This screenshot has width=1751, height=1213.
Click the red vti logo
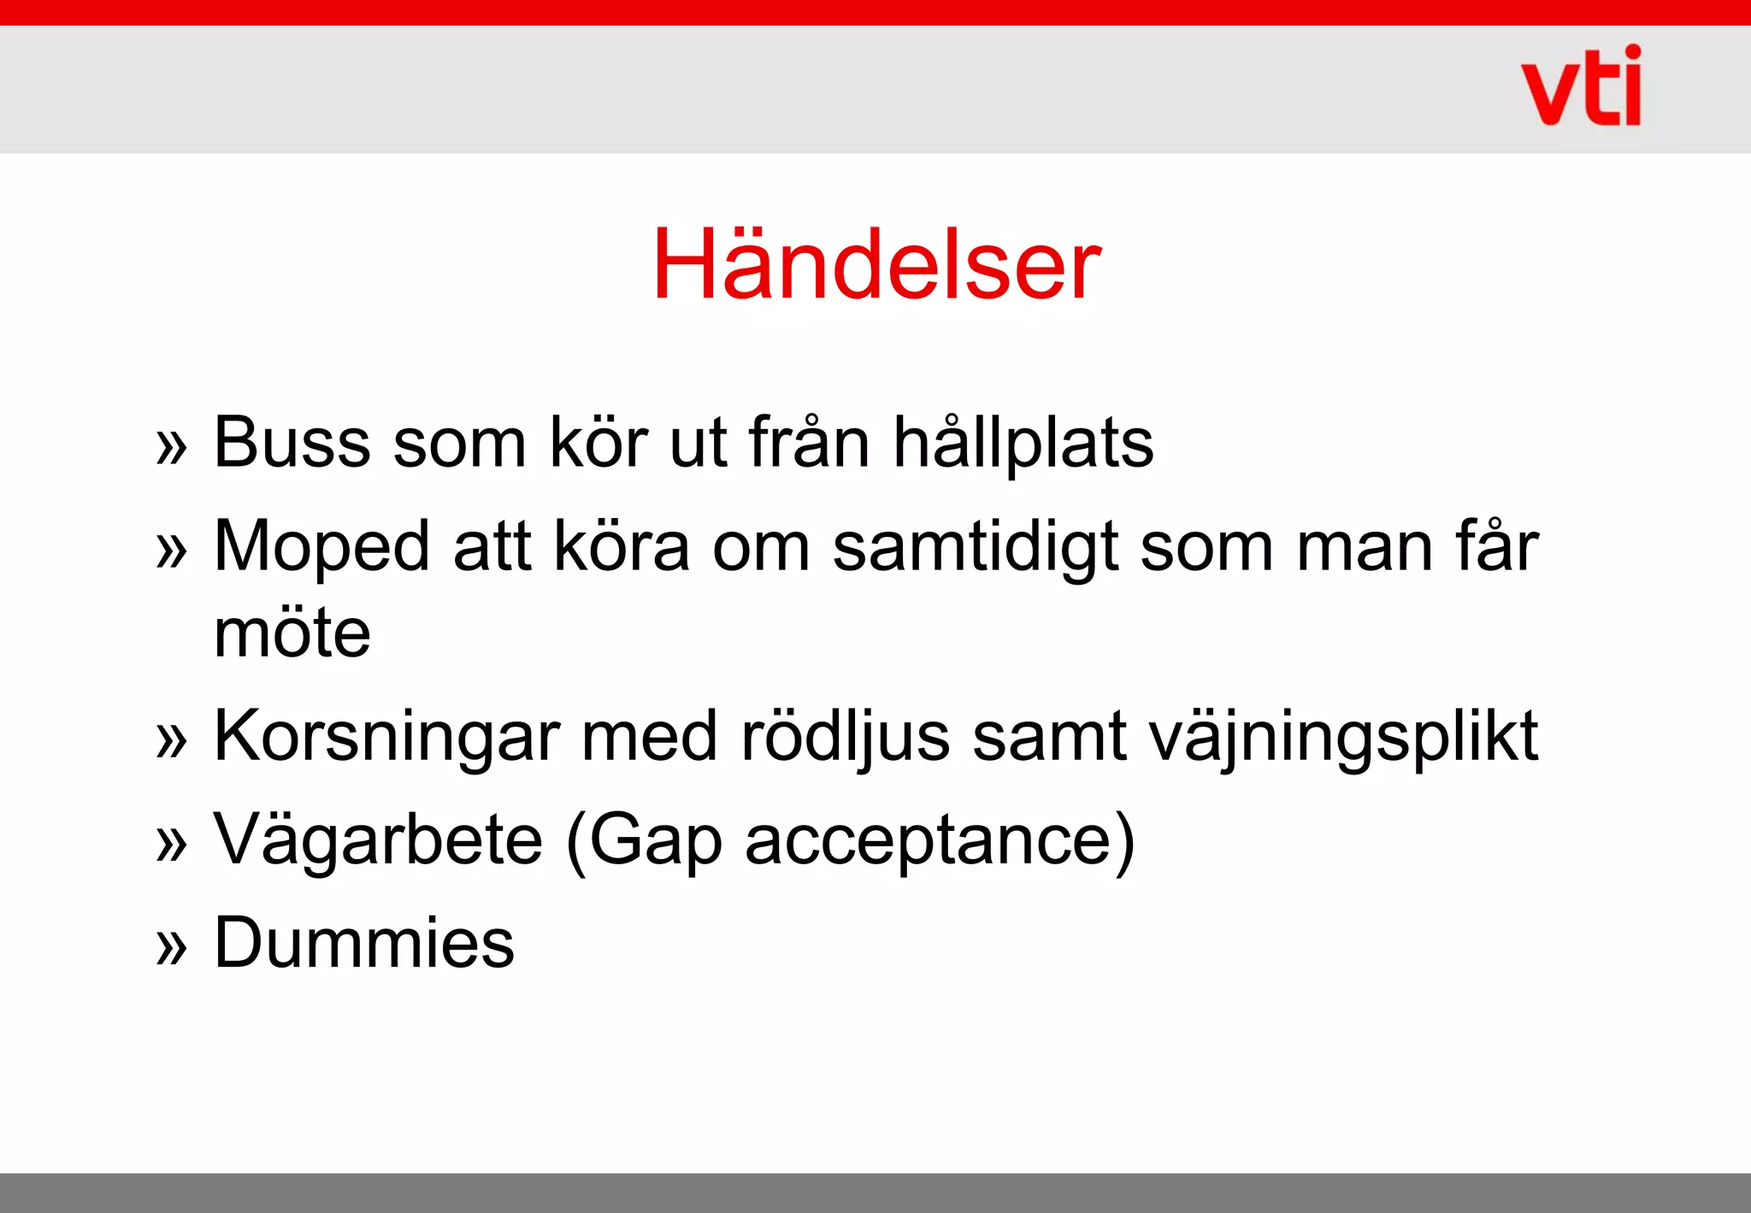(1581, 87)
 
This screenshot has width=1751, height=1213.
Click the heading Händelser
(876, 264)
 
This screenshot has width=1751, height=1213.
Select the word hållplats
(1023, 443)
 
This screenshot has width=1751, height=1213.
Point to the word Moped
(321, 547)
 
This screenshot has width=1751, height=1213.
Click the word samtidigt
(975, 547)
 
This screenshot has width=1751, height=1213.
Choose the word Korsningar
(386, 736)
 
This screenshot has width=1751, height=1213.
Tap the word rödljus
(845, 736)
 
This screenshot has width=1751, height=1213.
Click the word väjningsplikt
(1343, 736)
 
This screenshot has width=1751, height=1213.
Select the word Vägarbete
(378, 840)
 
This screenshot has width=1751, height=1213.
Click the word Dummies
(364, 943)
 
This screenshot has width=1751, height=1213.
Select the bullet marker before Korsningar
(171, 739)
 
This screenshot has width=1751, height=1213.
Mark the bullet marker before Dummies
(171, 946)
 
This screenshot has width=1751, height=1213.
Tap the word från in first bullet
(809, 443)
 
